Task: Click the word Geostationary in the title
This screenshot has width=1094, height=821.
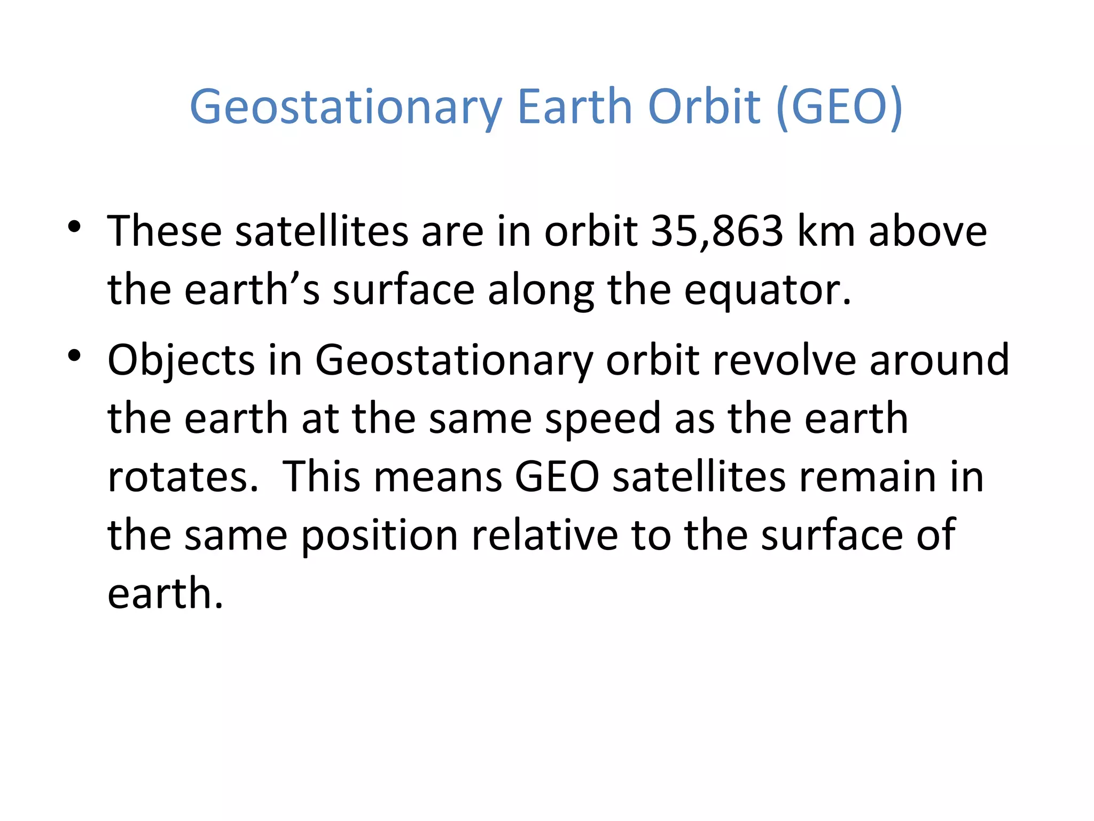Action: [x=346, y=107]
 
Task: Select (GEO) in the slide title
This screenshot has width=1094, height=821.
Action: [x=839, y=107]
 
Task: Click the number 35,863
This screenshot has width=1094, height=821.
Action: [x=717, y=231]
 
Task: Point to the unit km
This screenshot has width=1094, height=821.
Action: [x=826, y=231]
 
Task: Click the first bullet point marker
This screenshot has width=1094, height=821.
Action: [x=74, y=227]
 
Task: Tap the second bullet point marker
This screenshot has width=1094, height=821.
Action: [x=74, y=355]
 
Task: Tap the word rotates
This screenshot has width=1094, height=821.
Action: [x=183, y=477]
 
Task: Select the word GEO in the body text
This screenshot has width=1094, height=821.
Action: [x=557, y=477]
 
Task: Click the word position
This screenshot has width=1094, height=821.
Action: [x=379, y=536]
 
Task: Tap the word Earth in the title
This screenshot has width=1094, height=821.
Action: [x=575, y=106]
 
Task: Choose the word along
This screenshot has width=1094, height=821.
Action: [x=541, y=291]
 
